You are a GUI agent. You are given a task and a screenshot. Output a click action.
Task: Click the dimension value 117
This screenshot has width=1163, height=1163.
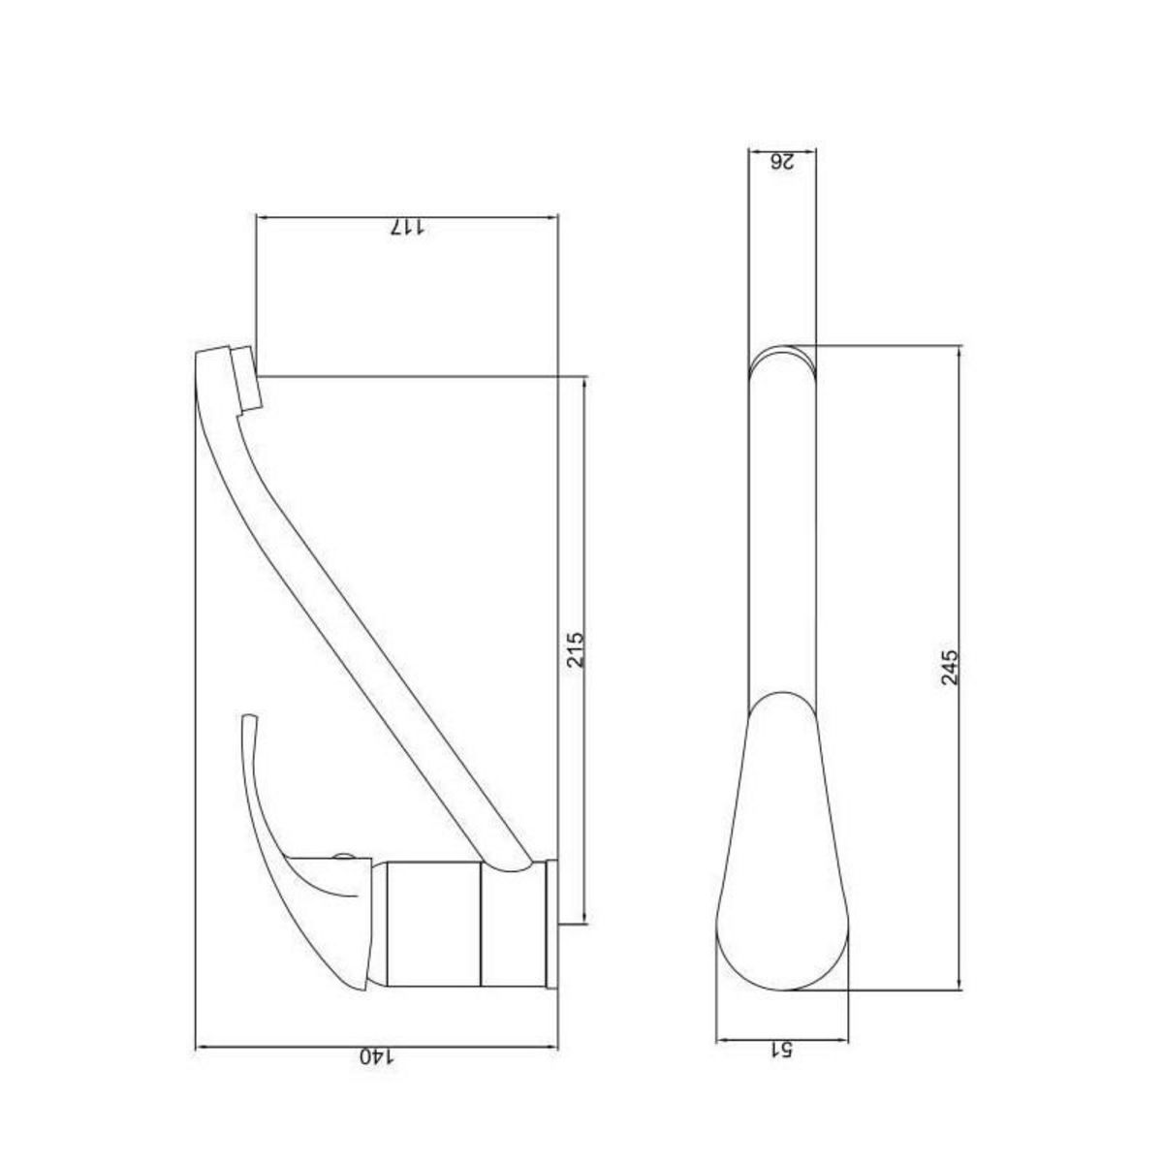point(408,227)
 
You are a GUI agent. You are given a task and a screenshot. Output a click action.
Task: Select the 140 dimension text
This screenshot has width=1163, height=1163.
point(378,1056)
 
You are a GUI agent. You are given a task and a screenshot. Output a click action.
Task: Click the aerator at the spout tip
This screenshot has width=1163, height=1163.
point(244,379)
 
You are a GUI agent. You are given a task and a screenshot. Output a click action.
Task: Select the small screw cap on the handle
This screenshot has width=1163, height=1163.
point(341,856)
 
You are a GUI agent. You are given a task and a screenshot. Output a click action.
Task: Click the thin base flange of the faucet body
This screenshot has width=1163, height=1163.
point(552,924)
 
